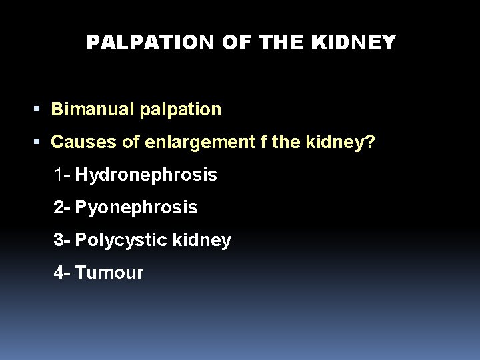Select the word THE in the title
(x=283, y=43)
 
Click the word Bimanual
(x=93, y=109)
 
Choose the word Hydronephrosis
(x=146, y=175)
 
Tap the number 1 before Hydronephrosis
(x=60, y=175)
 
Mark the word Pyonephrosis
(x=137, y=208)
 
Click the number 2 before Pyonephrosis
(x=60, y=208)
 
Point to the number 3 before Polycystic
(x=60, y=240)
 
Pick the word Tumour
(x=109, y=273)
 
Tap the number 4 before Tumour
(x=60, y=273)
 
